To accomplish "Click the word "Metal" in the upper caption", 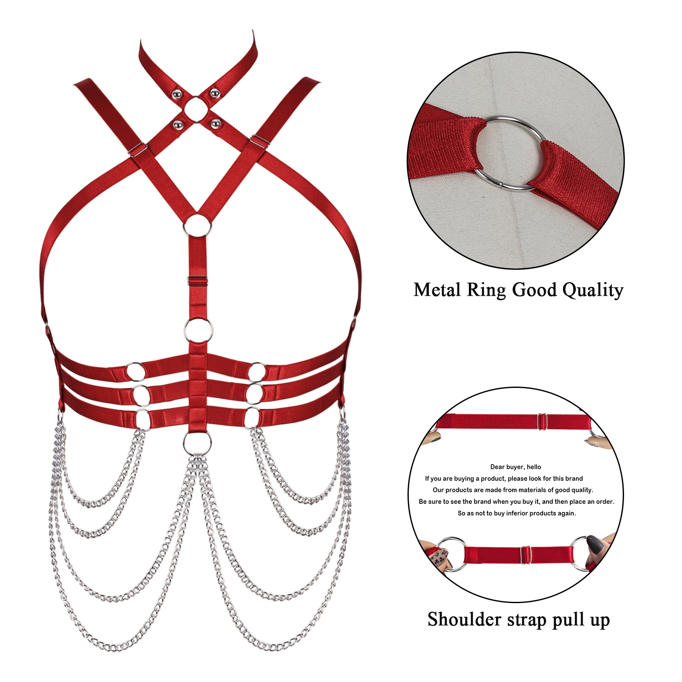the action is coord(437,290).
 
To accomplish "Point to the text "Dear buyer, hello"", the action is coord(515,467).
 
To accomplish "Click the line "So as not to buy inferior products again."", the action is coord(517,513).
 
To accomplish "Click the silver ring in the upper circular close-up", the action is coord(509,153).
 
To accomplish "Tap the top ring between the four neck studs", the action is coord(196,108).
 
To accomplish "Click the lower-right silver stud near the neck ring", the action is coord(216,124).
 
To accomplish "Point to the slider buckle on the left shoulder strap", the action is coord(138,150).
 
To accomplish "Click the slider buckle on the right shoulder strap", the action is coord(260,141).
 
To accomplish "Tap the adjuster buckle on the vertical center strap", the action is coord(198,282).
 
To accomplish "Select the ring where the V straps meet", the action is coord(197,225).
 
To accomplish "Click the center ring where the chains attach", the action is coord(197,443).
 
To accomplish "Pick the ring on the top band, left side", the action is coord(136,371).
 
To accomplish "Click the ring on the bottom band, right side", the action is coord(252,418).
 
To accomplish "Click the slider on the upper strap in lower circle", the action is coord(542,421).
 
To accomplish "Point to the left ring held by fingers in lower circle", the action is coord(452,553).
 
